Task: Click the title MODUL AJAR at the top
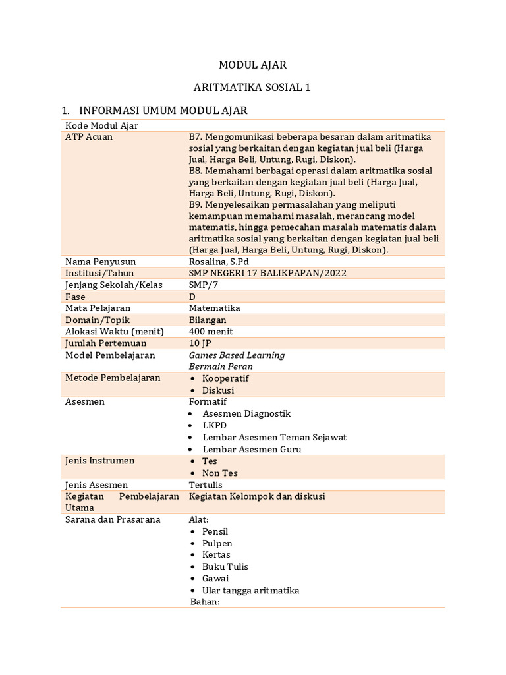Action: click(x=252, y=65)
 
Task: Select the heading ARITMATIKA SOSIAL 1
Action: click(x=252, y=87)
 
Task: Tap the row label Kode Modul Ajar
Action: click(x=101, y=125)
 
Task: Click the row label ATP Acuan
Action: click(x=89, y=137)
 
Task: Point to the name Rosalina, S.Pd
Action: click(x=219, y=262)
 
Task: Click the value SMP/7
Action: click(x=203, y=285)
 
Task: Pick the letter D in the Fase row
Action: click(x=192, y=297)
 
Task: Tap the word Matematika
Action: click(x=214, y=308)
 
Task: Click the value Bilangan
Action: click(x=208, y=320)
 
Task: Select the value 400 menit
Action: click(x=211, y=332)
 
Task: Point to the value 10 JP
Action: click(x=200, y=343)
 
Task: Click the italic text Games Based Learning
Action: click(x=237, y=355)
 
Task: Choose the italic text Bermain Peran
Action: click(x=221, y=367)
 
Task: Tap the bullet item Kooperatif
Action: click(x=225, y=378)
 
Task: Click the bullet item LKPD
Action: click(x=215, y=425)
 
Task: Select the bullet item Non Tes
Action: click(x=220, y=473)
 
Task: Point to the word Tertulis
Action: click(x=206, y=485)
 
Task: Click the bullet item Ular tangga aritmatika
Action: click(x=250, y=590)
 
